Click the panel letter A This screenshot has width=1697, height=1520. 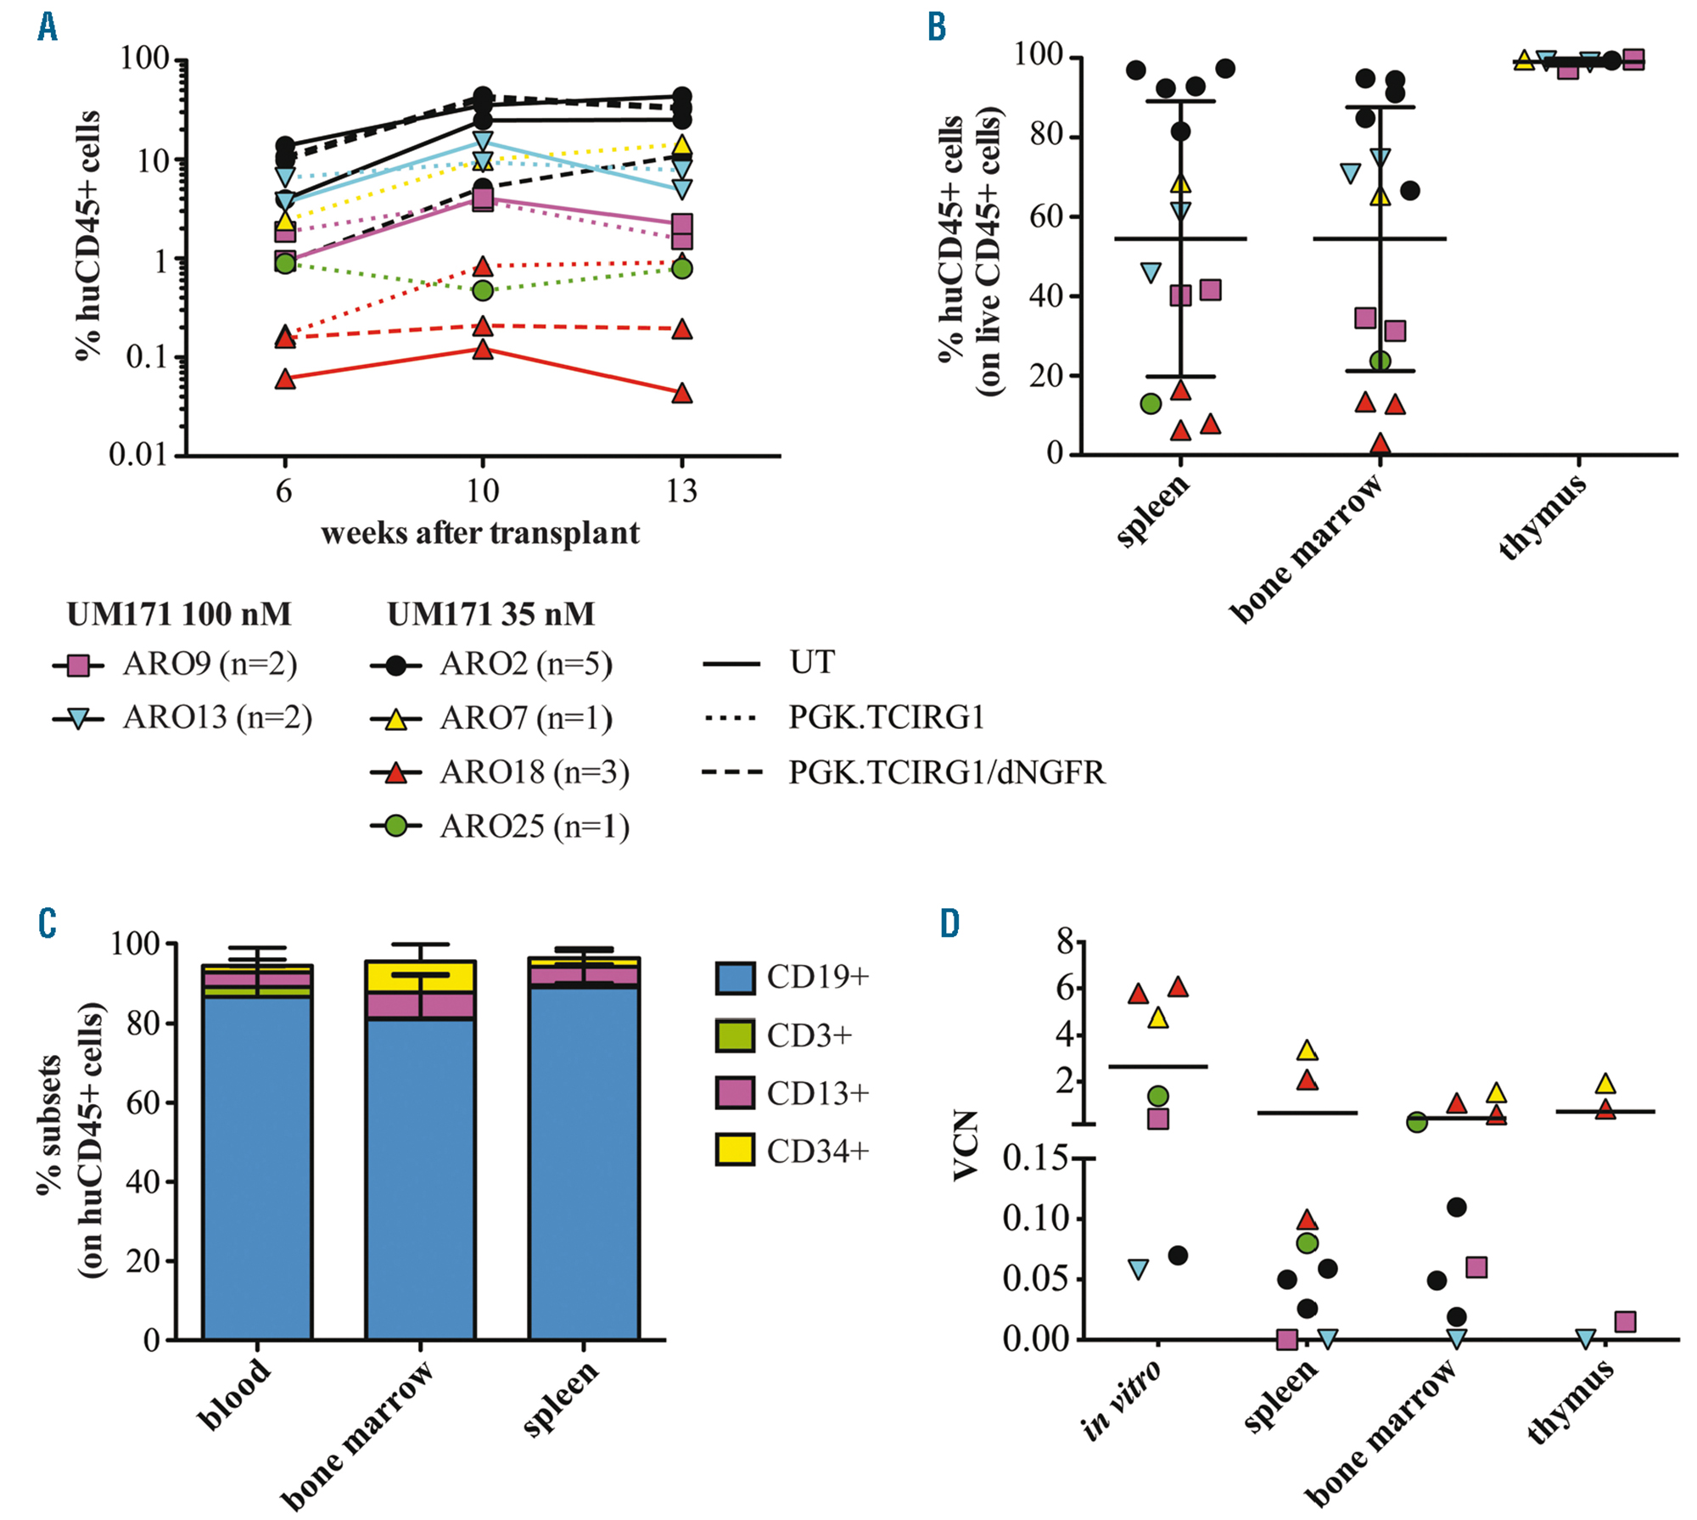coord(48,27)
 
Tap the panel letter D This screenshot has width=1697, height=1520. coord(950,923)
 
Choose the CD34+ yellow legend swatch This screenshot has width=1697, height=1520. coord(734,1150)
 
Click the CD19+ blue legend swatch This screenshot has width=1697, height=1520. coord(734,977)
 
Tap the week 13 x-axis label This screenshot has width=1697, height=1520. coord(681,491)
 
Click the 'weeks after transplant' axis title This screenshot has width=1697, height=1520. coord(480,533)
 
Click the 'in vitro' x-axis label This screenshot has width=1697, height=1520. coord(1122,1399)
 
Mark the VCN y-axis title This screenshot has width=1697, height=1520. coord(966,1145)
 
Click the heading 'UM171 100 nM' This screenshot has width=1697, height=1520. coord(179,614)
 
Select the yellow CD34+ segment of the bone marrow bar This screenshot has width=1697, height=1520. coord(420,977)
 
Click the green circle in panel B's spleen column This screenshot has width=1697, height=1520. coord(1151,404)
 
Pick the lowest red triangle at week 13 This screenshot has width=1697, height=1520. coord(681,394)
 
